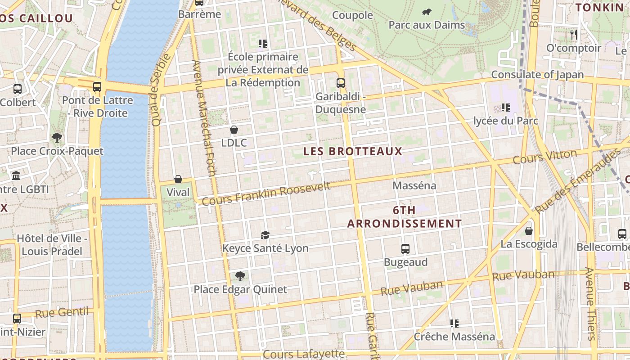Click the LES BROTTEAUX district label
pyautogui.click(x=352, y=151)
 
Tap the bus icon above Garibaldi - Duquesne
pyautogui.click(x=341, y=83)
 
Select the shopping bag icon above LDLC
pyautogui.click(x=234, y=130)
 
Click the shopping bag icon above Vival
pyautogui.click(x=178, y=179)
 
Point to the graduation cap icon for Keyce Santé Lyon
pyautogui.click(x=265, y=235)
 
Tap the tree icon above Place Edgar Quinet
pyautogui.click(x=240, y=276)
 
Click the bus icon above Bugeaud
pyautogui.click(x=405, y=249)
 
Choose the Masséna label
pyautogui.click(x=414, y=185)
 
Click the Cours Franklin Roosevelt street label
pyautogui.click(x=266, y=193)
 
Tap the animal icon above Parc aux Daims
pyautogui.click(x=426, y=12)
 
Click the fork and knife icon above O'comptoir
pyautogui.click(x=573, y=34)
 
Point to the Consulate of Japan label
pyautogui.click(x=537, y=75)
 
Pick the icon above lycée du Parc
pyautogui.click(x=506, y=108)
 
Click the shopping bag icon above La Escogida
pyautogui.click(x=529, y=231)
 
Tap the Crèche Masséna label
pyautogui.click(x=454, y=337)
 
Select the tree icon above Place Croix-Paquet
pyautogui.click(x=57, y=137)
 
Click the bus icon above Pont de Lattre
pyautogui.click(x=97, y=87)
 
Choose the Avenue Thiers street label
pyautogui.click(x=590, y=304)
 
